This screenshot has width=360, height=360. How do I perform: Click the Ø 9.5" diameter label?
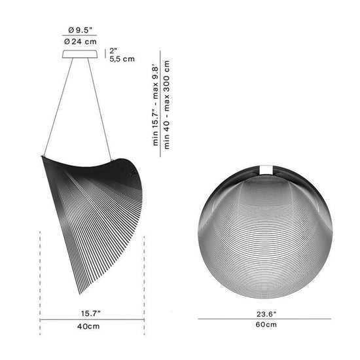coord(80,30)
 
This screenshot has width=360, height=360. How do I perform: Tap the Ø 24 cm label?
coord(81,41)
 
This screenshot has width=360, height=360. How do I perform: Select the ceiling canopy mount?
coord(80,54)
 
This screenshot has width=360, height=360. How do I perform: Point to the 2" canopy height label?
coord(113,51)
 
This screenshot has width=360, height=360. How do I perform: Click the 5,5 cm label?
coord(122,59)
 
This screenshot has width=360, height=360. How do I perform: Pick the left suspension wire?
coord(58,107)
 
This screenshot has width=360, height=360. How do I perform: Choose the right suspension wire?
coord(100,109)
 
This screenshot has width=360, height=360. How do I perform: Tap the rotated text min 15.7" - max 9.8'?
coord(156,106)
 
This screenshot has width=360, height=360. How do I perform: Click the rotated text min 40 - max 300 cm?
coord(167,105)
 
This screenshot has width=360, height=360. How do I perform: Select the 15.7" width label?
coord(91,314)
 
